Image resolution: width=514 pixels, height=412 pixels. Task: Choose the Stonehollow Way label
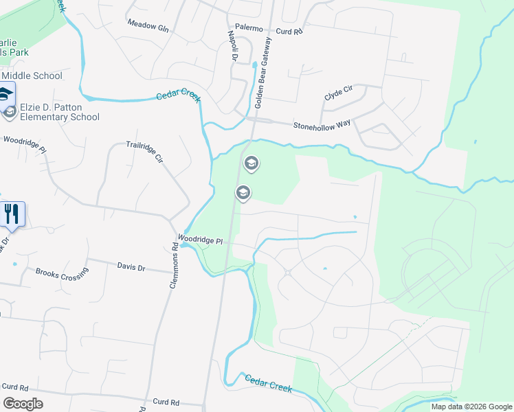pos(322,125)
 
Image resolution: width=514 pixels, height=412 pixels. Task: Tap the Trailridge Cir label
pos(144,151)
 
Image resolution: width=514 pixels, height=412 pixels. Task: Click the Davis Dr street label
pos(131,266)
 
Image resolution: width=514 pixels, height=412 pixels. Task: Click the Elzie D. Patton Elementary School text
pos(60,112)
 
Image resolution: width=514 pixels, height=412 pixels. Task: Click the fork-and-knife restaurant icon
pos(12,214)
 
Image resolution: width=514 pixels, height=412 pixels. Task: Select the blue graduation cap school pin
pos(5,94)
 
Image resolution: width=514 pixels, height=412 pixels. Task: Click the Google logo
pos(23,404)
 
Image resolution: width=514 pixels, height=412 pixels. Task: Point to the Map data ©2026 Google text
pos(471,407)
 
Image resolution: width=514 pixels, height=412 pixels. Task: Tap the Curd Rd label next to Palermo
pos(289,32)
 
